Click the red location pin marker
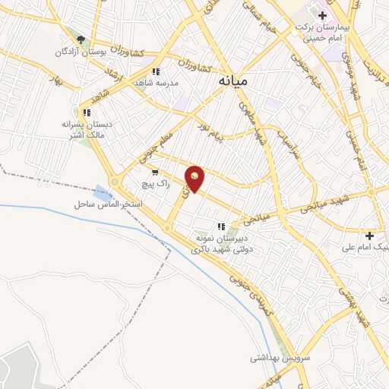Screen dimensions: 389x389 (x=194, y=178)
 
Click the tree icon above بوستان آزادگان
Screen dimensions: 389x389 (x=81, y=40)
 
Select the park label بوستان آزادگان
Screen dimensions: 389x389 (x=78, y=52)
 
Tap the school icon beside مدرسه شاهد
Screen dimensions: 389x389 (x=156, y=71)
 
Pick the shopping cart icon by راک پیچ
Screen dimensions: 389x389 (x=155, y=172)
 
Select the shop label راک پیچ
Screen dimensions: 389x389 (x=153, y=184)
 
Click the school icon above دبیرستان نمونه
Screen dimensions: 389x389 (x=221, y=226)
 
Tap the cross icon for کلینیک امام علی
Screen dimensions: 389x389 (x=370, y=236)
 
